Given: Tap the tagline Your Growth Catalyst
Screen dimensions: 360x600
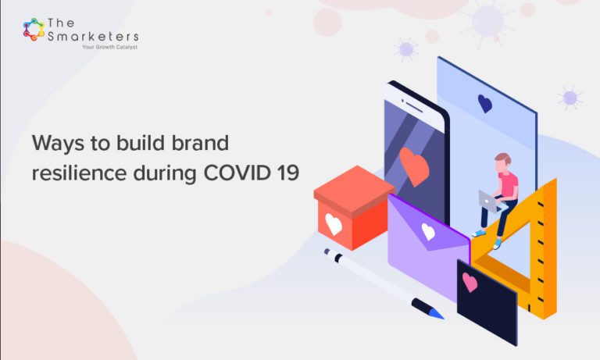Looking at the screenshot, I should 109,47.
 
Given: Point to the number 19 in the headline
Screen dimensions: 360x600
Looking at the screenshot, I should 285,173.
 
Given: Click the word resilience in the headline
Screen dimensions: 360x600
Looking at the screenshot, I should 70,173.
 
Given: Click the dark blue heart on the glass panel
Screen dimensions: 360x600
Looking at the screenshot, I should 484,103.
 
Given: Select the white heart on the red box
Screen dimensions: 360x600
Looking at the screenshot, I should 334,223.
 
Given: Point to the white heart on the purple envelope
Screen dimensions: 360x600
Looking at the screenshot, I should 428,231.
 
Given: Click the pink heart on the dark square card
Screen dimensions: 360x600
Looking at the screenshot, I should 470,282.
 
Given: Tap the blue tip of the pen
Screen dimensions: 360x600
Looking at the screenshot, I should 436,313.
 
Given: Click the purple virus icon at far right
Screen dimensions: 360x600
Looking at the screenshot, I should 570,98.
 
